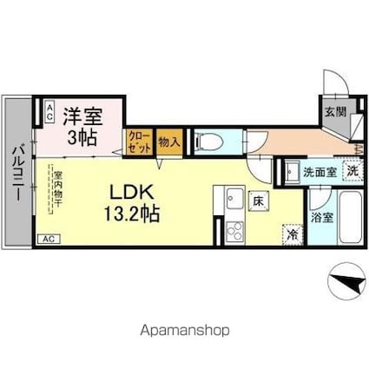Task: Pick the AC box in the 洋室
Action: coord(49,109)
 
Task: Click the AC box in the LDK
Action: coord(49,238)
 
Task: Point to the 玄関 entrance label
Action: coord(335,112)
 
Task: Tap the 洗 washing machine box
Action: coord(352,172)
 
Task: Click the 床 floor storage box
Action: coord(259,201)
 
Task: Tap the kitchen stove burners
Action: coord(234,230)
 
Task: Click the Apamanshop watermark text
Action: coord(183,331)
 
